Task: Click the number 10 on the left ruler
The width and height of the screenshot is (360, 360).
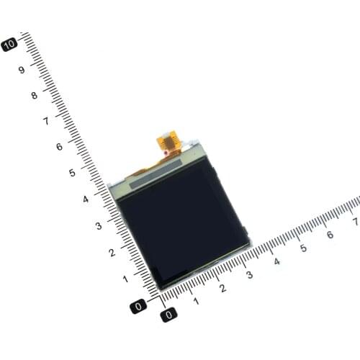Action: pos(10,44)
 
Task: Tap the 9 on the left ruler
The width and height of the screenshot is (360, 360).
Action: pos(22,70)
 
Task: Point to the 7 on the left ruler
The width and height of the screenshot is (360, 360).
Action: pos(47,121)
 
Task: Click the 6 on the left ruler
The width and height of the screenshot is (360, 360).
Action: pos(60,147)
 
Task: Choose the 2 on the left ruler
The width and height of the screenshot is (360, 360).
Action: pos(111,252)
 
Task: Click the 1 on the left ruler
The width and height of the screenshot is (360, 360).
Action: pos(125,278)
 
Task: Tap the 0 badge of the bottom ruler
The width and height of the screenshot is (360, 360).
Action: pos(168,315)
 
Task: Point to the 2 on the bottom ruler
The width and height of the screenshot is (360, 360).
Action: pos(222,289)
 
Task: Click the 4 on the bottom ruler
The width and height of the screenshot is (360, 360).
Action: pos(276,261)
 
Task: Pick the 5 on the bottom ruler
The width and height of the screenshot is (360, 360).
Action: pos(303,248)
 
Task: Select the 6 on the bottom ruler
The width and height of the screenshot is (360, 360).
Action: pos(330,235)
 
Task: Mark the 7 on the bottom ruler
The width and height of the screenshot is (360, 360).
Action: pos(355,222)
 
